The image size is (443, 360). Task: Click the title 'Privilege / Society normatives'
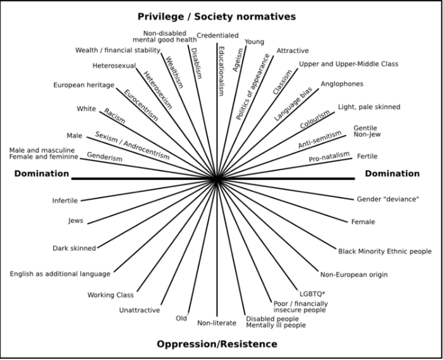tap(217, 16)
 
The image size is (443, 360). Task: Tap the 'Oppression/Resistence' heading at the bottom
tap(217, 344)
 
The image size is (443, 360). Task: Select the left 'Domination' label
tap(42, 173)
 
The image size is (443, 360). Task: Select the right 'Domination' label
tap(392, 173)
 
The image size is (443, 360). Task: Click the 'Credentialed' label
tap(217, 35)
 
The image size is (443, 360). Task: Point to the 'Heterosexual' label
tap(114, 65)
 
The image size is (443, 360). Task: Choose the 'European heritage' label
tap(83, 85)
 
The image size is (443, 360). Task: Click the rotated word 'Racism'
tap(114, 116)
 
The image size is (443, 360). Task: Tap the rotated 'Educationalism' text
tap(221, 70)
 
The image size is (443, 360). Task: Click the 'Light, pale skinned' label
tap(369, 107)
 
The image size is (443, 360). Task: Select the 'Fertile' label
tap(367, 156)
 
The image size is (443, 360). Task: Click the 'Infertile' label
tap(65, 201)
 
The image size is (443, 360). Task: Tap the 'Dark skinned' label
tap(74, 248)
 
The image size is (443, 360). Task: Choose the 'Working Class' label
tap(110, 294)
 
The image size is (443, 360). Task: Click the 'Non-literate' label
tap(216, 323)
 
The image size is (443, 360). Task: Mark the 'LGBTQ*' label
tap(311, 294)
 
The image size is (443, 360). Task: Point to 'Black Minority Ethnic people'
tap(385, 251)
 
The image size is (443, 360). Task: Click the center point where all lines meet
tap(217, 179)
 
